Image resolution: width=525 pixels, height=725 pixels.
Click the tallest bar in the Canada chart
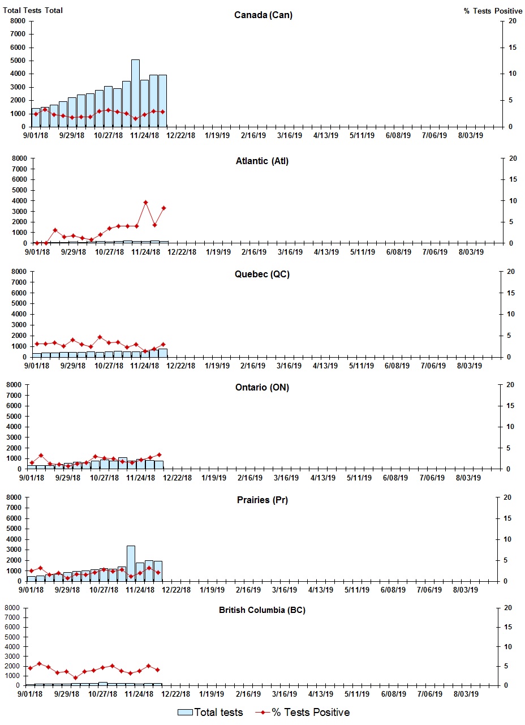tap(135, 93)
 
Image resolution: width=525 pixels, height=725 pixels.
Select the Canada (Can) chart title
tap(263, 15)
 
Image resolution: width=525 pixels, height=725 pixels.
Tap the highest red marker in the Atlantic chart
tap(145, 202)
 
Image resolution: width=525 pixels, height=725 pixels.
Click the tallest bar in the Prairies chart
tap(131, 563)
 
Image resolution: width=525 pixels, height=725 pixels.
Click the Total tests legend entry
tap(210, 712)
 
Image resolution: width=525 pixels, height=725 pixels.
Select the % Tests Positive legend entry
tap(302, 712)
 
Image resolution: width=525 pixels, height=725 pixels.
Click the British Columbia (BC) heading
tap(262, 610)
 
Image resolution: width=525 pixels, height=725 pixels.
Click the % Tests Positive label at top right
tap(493, 11)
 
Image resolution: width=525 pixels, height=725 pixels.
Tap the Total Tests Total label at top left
tap(33, 10)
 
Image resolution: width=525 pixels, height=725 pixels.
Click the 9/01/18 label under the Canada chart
tap(36, 136)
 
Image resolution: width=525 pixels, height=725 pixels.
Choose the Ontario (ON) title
tap(262, 388)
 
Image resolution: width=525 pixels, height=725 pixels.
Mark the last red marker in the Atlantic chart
tap(163, 208)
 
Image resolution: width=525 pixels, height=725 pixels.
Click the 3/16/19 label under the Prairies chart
tap(285, 590)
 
